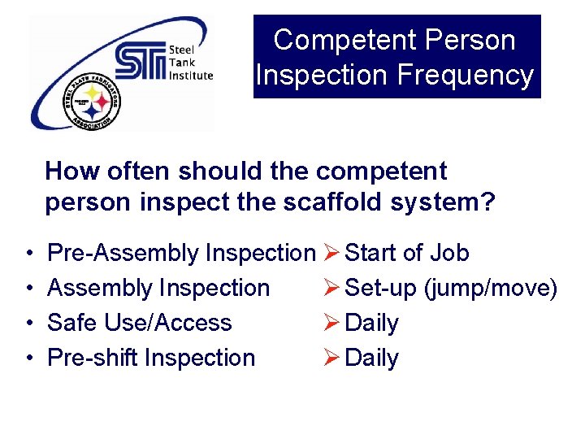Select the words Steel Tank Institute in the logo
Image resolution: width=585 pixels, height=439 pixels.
(x=189, y=63)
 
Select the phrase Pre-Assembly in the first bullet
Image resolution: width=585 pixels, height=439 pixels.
(x=123, y=253)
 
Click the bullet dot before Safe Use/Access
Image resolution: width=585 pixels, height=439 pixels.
(x=28, y=324)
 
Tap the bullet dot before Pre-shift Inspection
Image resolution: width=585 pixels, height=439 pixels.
(x=28, y=359)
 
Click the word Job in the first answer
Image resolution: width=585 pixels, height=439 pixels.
(x=449, y=253)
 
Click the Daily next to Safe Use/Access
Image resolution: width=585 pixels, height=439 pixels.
(x=371, y=324)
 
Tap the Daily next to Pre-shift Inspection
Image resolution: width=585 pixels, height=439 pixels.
(x=371, y=359)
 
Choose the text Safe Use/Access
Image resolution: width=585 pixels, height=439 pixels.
(x=139, y=323)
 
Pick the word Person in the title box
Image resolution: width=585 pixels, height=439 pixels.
(x=474, y=40)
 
